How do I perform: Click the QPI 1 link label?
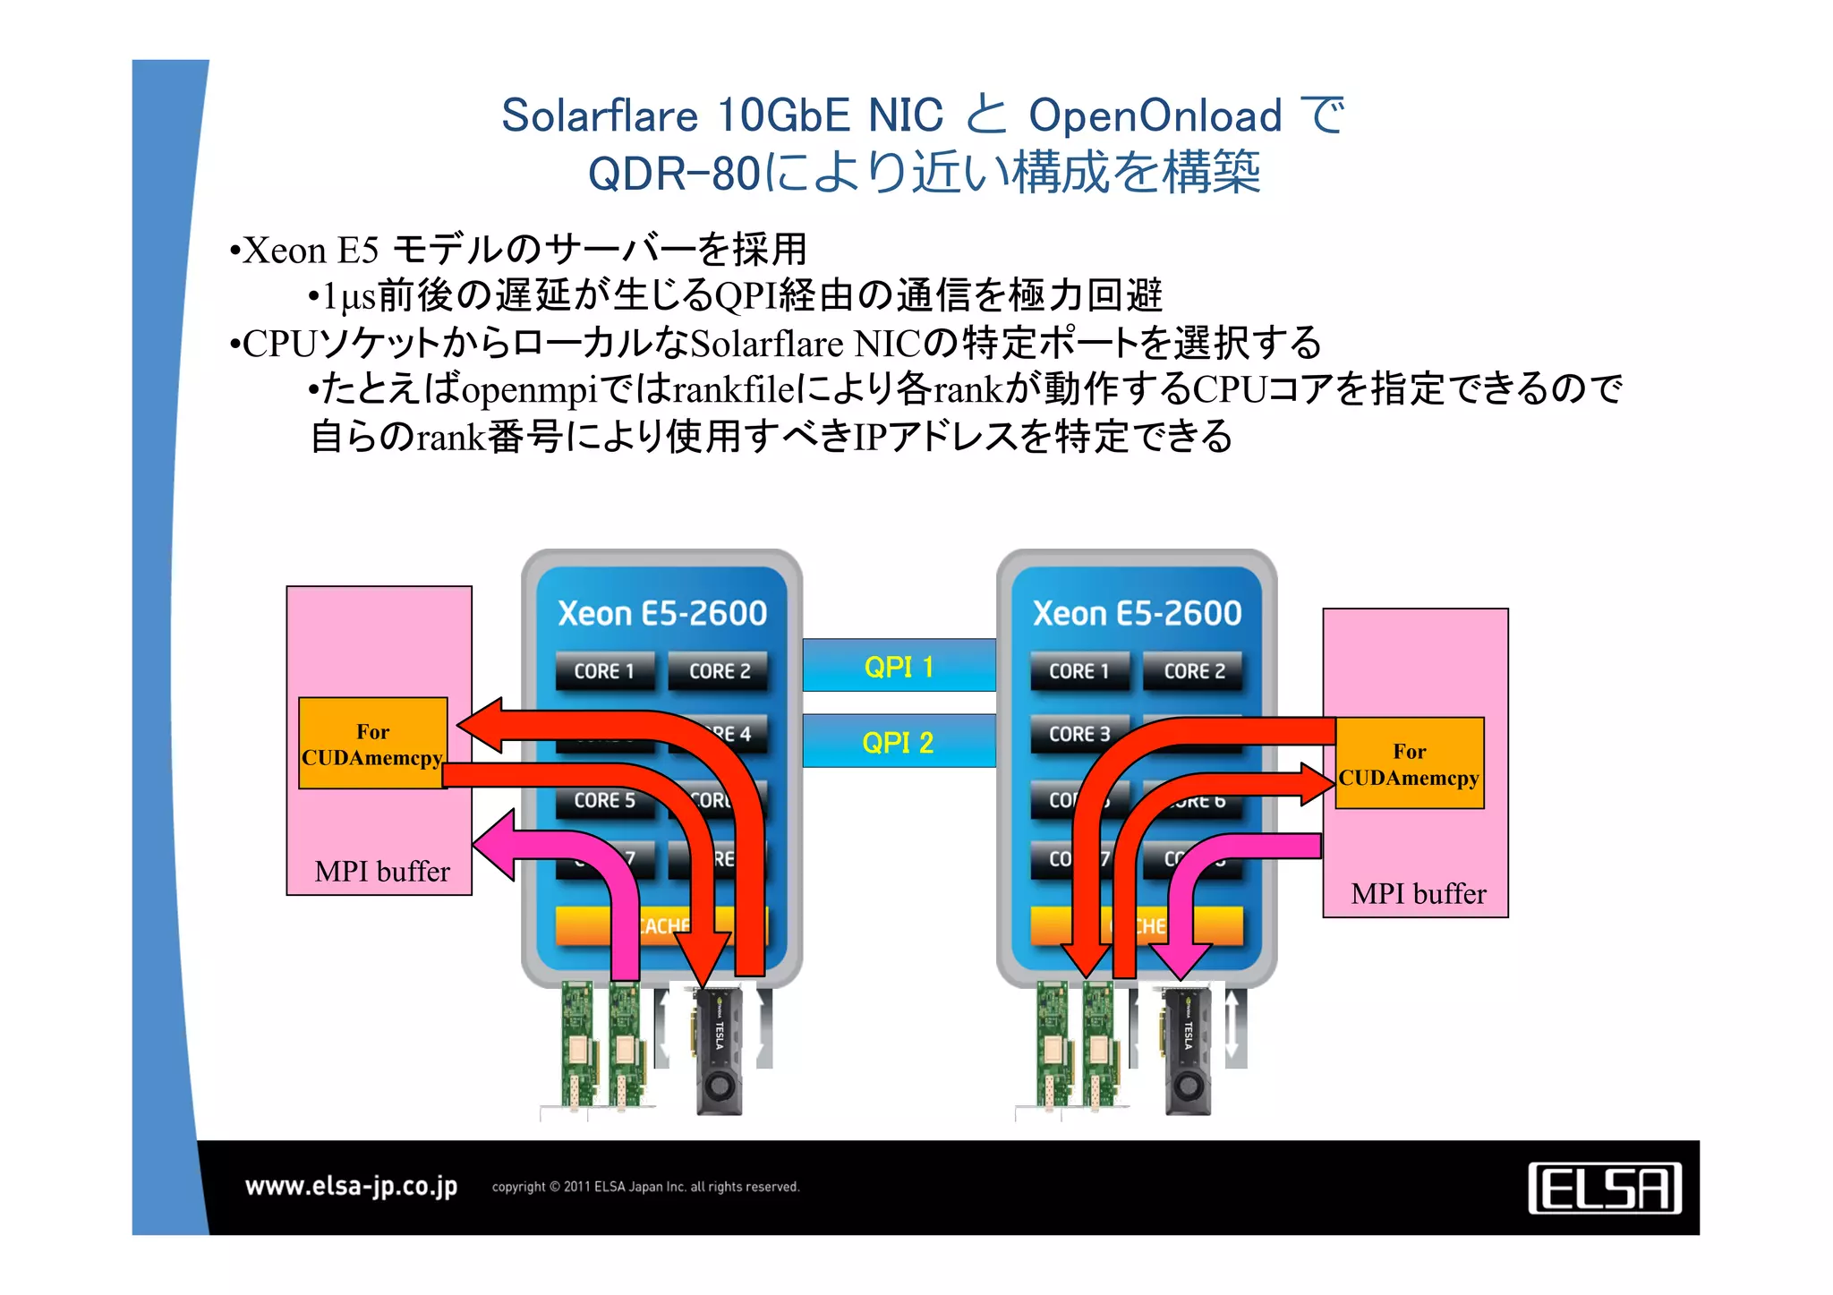(899, 667)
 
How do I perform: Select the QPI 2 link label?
(898, 742)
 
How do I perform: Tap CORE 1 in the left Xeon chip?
(604, 671)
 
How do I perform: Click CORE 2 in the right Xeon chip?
(1194, 671)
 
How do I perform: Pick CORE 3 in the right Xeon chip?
(1079, 734)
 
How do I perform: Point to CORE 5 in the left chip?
(605, 800)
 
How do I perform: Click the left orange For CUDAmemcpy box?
(372, 744)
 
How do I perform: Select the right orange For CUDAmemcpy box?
(1409, 763)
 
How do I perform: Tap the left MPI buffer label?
(382, 871)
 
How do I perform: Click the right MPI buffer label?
(1419, 893)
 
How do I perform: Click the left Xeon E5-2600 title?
(662, 613)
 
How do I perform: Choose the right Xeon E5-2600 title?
(1137, 613)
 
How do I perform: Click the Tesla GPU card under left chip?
(719, 1051)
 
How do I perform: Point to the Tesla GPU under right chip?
(1187, 1051)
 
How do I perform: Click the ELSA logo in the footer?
(1604, 1188)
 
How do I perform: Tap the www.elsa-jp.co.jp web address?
(351, 1187)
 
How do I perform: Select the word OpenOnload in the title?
(1155, 115)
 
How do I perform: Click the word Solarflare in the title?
(599, 115)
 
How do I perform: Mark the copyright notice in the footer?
(645, 1187)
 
